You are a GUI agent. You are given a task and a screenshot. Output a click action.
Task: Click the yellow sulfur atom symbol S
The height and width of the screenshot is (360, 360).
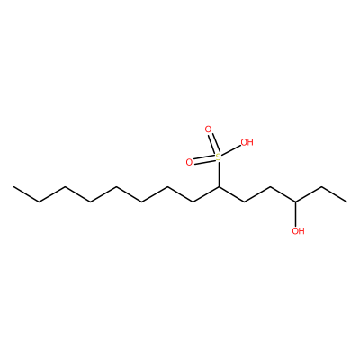click(x=219, y=157)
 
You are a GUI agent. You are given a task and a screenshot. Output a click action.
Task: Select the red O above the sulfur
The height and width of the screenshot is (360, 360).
click(x=208, y=130)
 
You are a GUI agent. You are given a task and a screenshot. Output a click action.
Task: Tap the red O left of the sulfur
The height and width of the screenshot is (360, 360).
click(x=189, y=162)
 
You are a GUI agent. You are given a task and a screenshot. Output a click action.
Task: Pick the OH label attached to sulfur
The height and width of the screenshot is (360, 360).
click(x=247, y=142)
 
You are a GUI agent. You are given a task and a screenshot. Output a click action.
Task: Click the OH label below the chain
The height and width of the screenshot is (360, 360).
click(x=298, y=231)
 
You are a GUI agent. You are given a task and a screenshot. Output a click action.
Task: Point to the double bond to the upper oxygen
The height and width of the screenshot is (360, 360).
click(x=213, y=144)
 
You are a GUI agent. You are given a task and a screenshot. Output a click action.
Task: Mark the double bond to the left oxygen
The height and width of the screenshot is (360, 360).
click(x=204, y=160)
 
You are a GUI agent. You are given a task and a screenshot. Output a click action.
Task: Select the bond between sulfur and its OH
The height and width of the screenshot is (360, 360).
click(x=231, y=150)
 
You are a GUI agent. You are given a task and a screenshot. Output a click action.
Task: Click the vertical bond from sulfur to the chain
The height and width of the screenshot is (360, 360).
click(x=219, y=174)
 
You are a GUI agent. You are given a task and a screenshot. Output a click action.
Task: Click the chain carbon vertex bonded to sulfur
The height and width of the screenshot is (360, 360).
click(x=219, y=186)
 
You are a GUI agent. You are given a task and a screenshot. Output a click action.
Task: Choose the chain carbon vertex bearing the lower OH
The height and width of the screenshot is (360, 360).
click(x=296, y=202)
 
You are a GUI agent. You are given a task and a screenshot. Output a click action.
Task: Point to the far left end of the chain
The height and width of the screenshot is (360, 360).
click(x=13, y=187)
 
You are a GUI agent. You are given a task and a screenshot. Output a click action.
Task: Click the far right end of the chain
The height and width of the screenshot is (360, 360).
click(x=347, y=202)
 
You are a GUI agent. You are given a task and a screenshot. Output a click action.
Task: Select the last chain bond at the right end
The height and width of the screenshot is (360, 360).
click(x=334, y=194)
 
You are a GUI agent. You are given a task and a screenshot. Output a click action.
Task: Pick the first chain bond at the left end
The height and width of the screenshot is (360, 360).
click(x=26, y=194)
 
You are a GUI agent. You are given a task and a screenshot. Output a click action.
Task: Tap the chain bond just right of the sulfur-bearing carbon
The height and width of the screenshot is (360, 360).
click(x=231, y=194)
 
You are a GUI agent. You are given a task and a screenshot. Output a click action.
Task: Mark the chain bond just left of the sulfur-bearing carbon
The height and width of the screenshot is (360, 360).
click(x=206, y=194)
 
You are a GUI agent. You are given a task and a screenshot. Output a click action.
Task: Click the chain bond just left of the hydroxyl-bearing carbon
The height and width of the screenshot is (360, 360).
click(x=283, y=194)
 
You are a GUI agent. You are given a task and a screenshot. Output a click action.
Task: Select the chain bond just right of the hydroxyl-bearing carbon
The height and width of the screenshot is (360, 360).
click(x=309, y=194)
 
